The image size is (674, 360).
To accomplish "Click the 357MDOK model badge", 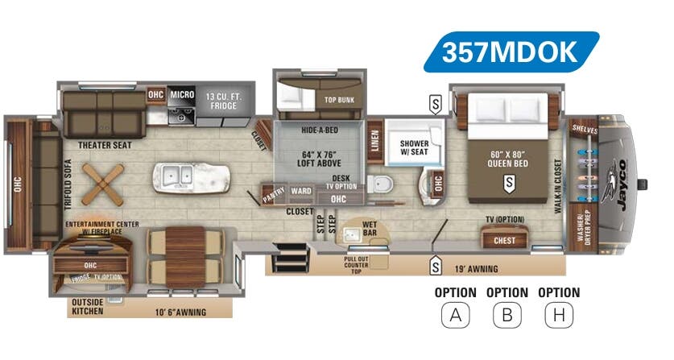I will [x=511, y=52].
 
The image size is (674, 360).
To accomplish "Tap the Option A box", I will [x=455, y=314].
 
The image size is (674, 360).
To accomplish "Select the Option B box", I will [x=507, y=314].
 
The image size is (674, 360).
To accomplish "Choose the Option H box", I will [x=558, y=314].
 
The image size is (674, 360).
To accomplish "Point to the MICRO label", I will [x=182, y=95].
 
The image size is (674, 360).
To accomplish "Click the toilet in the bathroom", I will [x=377, y=181].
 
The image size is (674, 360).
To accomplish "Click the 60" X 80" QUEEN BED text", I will [x=507, y=157].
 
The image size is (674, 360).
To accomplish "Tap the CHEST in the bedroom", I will [x=504, y=239].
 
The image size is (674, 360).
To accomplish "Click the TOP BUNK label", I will [x=340, y=100].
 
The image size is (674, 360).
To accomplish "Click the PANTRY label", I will [x=273, y=194].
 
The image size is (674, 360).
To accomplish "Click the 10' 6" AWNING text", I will [x=181, y=312].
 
